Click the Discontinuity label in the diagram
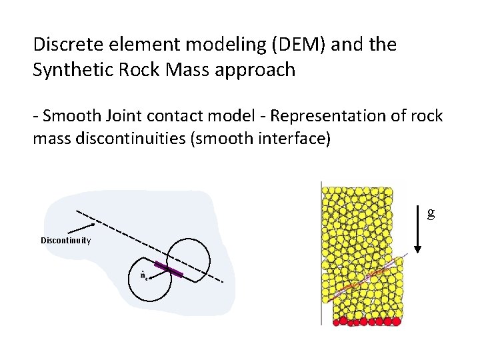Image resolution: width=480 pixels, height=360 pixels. [x=66, y=241]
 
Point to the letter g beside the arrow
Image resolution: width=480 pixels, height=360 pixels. [x=431, y=213]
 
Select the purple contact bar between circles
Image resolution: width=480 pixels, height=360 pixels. [x=169, y=269]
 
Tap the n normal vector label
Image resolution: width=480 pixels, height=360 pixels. [x=143, y=275]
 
